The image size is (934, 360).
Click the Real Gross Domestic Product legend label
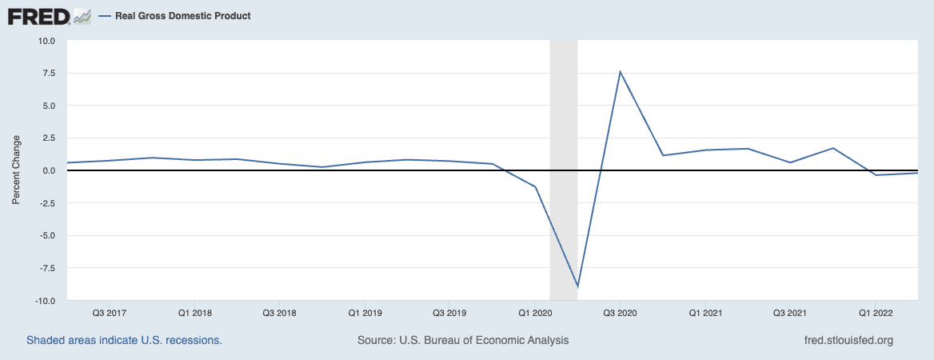(182, 16)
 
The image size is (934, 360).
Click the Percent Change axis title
(16, 170)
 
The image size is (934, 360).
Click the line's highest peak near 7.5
(620, 72)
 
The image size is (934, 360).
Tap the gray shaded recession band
(563, 120)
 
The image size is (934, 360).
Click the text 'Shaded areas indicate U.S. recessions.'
(124, 340)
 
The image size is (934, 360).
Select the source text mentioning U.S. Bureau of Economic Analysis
(463, 340)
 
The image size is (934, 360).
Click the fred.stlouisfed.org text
(848, 340)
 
